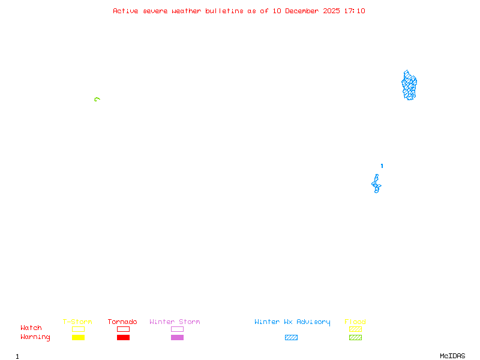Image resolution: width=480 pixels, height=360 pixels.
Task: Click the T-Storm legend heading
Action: tap(77, 322)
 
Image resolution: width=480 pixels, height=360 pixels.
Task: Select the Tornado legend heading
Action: tap(122, 322)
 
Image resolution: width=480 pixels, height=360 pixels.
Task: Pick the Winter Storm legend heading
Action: tap(175, 322)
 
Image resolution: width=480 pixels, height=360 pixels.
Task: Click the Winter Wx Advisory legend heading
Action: tap(292, 322)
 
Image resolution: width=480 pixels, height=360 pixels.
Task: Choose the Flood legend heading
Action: tap(355, 322)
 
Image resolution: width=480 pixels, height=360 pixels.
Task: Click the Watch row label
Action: tap(31, 328)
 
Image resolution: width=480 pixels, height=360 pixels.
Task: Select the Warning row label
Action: tap(35, 337)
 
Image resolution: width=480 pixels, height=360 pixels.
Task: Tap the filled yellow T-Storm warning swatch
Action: tap(78, 338)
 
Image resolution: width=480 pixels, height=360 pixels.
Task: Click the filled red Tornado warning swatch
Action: tap(123, 338)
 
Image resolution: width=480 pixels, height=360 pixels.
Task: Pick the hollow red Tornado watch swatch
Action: tap(123, 329)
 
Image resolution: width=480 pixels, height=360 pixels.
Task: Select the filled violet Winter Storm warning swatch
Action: tap(177, 338)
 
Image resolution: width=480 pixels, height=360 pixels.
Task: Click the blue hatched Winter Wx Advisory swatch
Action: tap(291, 338)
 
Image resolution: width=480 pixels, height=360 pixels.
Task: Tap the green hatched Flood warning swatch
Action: tap(355, 338)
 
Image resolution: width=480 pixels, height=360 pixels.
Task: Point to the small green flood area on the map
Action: tap(97, 99)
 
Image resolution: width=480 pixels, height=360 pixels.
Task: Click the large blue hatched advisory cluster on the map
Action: tap(409, 85)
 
